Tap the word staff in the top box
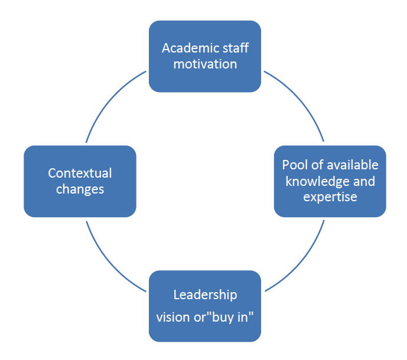[234, 48]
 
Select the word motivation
[205, 64]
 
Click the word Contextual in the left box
[80, 174]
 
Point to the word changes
[80, 189]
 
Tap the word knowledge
[314, 181]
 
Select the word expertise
[330, 197]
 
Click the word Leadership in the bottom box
[205, 294]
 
